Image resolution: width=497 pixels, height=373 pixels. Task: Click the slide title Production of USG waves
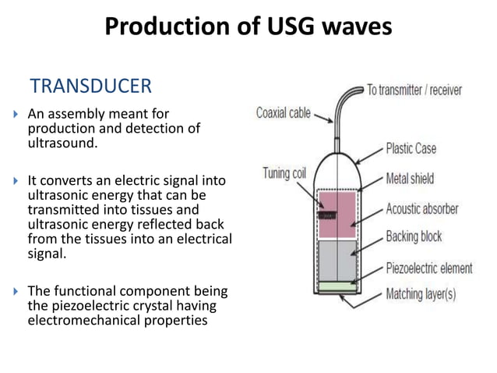(248, 28)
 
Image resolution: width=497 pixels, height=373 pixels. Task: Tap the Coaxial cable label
(283, 113)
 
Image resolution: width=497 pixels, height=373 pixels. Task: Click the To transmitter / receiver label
(414, 90)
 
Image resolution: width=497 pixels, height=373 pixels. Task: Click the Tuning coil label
(284, 172)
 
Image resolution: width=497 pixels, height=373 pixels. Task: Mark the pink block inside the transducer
(337, 215)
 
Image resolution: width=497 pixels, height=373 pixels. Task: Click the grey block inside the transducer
(337, 261)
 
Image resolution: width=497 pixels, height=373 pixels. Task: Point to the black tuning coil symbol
(322, 210)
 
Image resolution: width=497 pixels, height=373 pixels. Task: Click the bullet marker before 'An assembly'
(17, 115)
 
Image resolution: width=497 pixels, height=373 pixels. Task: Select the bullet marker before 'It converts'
(17, 182)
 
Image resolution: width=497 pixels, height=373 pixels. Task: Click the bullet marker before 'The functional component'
(17, 292)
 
